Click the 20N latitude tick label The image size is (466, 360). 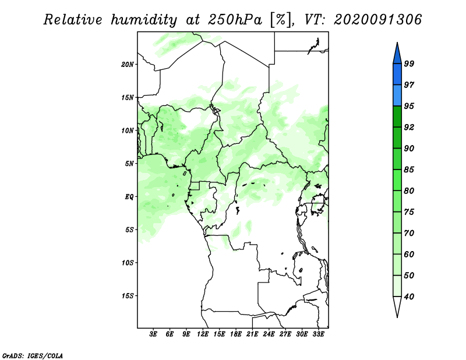point(128,64)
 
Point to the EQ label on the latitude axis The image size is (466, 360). point(129,197)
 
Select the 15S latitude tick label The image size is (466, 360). point(128,296)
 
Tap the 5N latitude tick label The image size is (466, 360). point(129,164)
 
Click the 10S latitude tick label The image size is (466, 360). point(128,263)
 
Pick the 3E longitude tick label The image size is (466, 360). point(153,335)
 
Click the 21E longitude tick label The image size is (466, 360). point(253,335)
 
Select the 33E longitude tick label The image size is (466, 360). point(319,335)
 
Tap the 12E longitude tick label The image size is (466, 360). point(203,335)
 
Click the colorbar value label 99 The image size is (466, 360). point(409,63)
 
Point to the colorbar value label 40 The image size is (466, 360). point(409,297)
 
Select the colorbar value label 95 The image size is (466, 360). point(409,106)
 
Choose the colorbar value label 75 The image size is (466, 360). point(409,212)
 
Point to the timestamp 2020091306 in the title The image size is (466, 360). point(378,20)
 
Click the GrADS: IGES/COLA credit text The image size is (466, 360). point(33,355)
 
